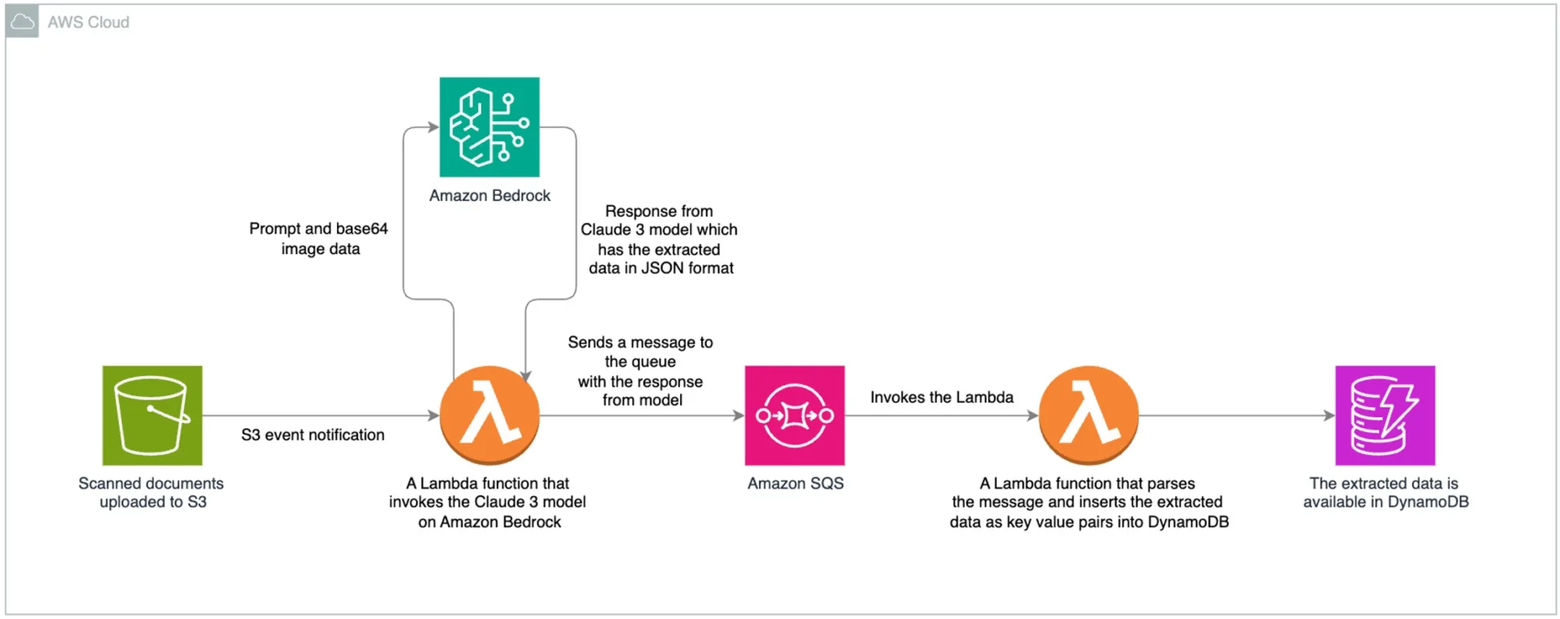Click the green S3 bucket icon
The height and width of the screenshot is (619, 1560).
click(x=152, y=416)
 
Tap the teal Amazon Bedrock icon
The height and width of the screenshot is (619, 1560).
click(x=489, y=127)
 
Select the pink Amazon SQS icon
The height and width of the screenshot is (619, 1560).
click(x=794, y=416)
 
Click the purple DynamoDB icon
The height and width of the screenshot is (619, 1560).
click(x=1384, y=416)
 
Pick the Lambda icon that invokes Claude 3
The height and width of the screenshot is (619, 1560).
click(x=489, y=416)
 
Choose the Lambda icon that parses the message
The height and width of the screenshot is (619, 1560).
click(x=1088, y=416)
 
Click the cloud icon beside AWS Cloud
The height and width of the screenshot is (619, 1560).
click(x=22, y=22)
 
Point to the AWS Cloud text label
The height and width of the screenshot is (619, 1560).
click(x=88, y=23)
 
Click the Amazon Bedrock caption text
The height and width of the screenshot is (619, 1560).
click(x=489, y=196)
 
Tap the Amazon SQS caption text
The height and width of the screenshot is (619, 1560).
click(x=795, y=483)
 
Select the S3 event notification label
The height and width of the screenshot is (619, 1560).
click(x=312, y=435)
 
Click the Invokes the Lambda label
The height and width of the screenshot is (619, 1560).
click(x=941, y=398)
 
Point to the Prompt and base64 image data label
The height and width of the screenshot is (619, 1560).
click(x=318, y=239)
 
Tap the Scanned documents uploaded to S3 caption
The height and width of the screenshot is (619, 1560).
click(x=151, y=493)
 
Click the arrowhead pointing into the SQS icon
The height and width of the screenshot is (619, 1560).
click(x=739, y=416)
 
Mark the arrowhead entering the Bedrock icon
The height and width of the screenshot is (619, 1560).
click(x=434, y=127)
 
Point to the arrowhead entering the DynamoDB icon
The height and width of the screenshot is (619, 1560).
click(x=1330, y=416)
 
